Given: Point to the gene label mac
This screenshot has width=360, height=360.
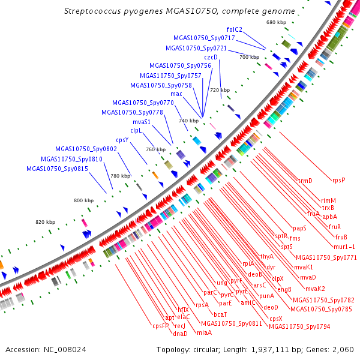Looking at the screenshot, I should coord(176,94).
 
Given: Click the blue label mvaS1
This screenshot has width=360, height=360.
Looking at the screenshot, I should coord(141,122).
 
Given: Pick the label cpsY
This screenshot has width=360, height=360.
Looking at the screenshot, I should coord(122,140).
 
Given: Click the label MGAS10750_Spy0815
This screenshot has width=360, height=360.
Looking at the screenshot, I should coord(58,169).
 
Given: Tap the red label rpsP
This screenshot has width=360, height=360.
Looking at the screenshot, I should coord(339,180).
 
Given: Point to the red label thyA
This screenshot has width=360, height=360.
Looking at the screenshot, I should coord(267,257).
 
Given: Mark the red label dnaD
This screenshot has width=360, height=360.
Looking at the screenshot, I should coord(180,333).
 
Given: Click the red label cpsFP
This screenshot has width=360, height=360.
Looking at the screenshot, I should coord(161,326).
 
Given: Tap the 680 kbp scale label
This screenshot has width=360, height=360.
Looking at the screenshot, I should coord(276,22).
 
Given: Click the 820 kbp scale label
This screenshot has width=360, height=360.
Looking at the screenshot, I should coord(46,221).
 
